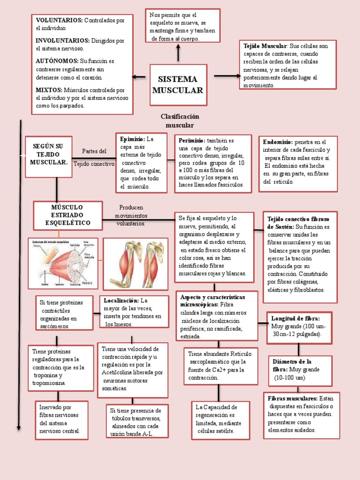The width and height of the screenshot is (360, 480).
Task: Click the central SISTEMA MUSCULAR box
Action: click(178, 85)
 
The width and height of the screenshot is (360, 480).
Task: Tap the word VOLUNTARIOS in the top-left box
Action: click(59, 20)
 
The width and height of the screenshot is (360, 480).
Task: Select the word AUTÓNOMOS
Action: click(56, 61)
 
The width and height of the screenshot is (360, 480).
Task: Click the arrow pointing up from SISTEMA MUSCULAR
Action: click(178, 53)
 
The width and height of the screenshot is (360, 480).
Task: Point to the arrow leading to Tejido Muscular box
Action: click(226, 75)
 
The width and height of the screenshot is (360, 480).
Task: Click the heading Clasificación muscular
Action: click(180, 120)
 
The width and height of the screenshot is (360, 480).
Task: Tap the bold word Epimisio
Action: click(132, 139)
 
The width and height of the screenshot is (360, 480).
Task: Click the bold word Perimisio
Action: click(192, 140)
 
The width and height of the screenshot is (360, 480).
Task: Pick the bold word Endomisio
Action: click(278, 142)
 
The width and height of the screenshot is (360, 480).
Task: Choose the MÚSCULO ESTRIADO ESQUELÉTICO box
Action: click(68, 215)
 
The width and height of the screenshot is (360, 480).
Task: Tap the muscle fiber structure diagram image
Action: click(63, 263)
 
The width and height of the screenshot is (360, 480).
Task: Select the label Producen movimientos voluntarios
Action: click(131, 215)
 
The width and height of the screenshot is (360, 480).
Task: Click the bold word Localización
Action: click(121, 300)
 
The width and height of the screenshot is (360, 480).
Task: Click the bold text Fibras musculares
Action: click(292, 398)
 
